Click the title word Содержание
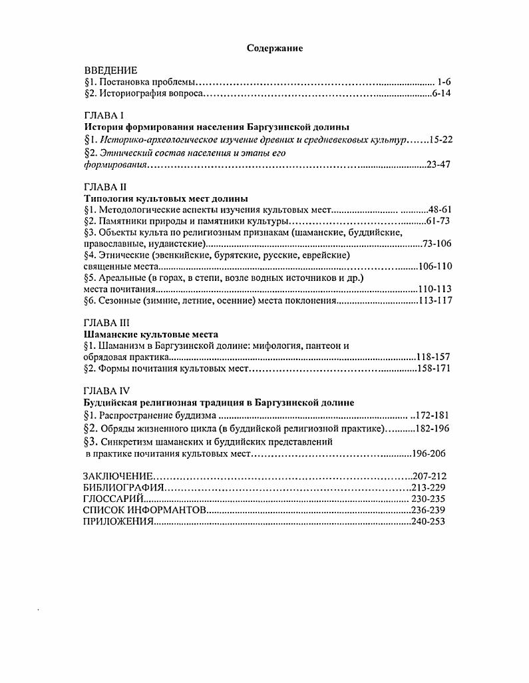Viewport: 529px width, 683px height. tap(275, 48)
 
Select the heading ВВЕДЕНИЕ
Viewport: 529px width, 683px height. tap(110, 70)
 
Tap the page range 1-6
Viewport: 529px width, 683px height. tap(444, 81)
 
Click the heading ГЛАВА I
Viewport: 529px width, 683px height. tap(104, 116)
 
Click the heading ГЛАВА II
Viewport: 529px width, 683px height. tap(105, 187)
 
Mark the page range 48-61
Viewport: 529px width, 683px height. tap(439, 209)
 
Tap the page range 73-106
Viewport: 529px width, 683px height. tap(437, 244)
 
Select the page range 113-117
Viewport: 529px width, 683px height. tap(437, 300)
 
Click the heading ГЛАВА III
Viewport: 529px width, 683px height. tap(106, 323)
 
